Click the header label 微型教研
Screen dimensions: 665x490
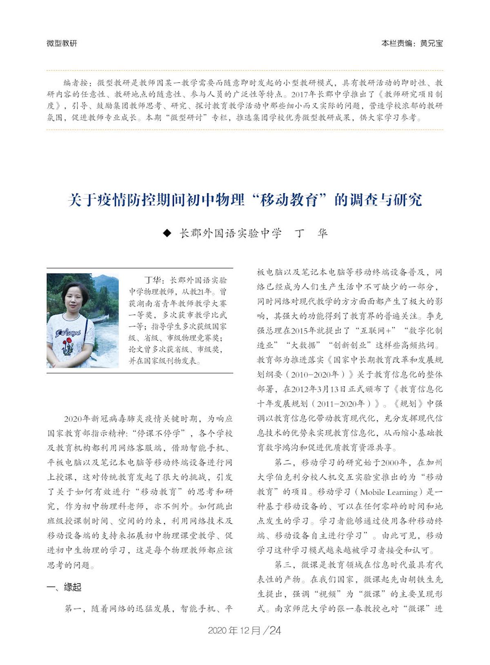pos(62,43)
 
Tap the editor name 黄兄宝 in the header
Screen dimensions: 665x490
pos(431,43)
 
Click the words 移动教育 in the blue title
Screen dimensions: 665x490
pos(291,200)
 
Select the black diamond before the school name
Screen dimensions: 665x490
pos(166,233)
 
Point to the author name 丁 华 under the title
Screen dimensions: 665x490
pos(311,233)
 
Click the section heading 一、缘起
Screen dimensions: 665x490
pos(64,587)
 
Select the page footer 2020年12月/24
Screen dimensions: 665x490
pos(245,630)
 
